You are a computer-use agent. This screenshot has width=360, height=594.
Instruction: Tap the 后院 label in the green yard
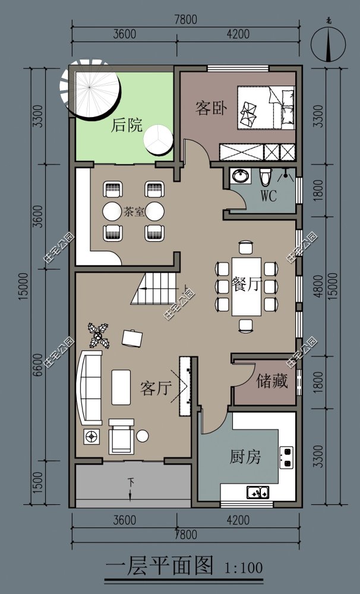(x=127, y=125)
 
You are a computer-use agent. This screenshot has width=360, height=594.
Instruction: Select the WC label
(x=269, y=195)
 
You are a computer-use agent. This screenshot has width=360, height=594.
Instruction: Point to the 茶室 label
(x=134, y=211)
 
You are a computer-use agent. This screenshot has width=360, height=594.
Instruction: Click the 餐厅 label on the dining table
(x=247, y=284)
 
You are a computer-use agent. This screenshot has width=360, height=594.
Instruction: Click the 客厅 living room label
(x=156, y=388)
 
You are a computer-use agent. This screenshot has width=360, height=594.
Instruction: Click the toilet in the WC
(x=266, y=176)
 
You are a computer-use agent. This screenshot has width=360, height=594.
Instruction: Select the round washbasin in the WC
(x=240, y=176)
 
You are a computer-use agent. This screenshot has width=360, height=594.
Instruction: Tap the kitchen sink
(x=258, y=492)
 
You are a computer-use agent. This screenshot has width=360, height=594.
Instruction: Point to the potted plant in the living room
(x=99, y=335)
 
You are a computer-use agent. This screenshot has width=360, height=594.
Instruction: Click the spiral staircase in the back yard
(x=90, y=89)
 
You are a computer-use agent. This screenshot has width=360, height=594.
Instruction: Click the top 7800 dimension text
(x=186, y=20)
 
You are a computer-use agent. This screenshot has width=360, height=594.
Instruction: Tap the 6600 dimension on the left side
(x=37, y=365)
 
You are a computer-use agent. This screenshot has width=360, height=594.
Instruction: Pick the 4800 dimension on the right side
(x=318, y=286)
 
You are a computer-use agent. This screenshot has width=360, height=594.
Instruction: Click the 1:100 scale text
(x=244, y=568)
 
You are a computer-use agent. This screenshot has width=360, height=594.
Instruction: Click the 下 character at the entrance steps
(x=131, y=482)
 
